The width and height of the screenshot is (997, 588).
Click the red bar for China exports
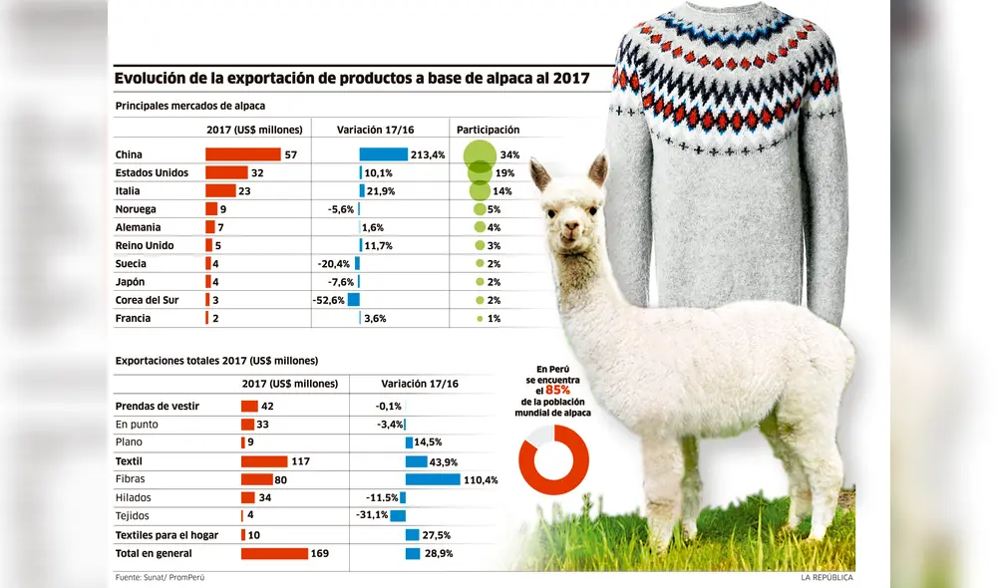pos(242,154)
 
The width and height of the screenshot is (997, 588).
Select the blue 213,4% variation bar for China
pos(383,154)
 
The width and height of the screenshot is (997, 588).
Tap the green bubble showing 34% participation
pos(480,154)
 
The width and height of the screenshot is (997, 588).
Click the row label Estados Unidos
pos(152,173)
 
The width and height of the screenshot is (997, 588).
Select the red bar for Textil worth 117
pos(264,461)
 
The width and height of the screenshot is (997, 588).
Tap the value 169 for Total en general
pos(320,553)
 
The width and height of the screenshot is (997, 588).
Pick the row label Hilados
pos(135,497)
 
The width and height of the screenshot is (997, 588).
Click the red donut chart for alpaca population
pos(553,459)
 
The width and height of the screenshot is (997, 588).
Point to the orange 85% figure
pos(558,391)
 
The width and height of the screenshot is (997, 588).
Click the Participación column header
pos(488,130)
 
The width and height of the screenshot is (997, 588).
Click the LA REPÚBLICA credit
pos(827,577)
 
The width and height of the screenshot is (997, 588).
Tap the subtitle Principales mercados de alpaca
pos(189,105)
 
